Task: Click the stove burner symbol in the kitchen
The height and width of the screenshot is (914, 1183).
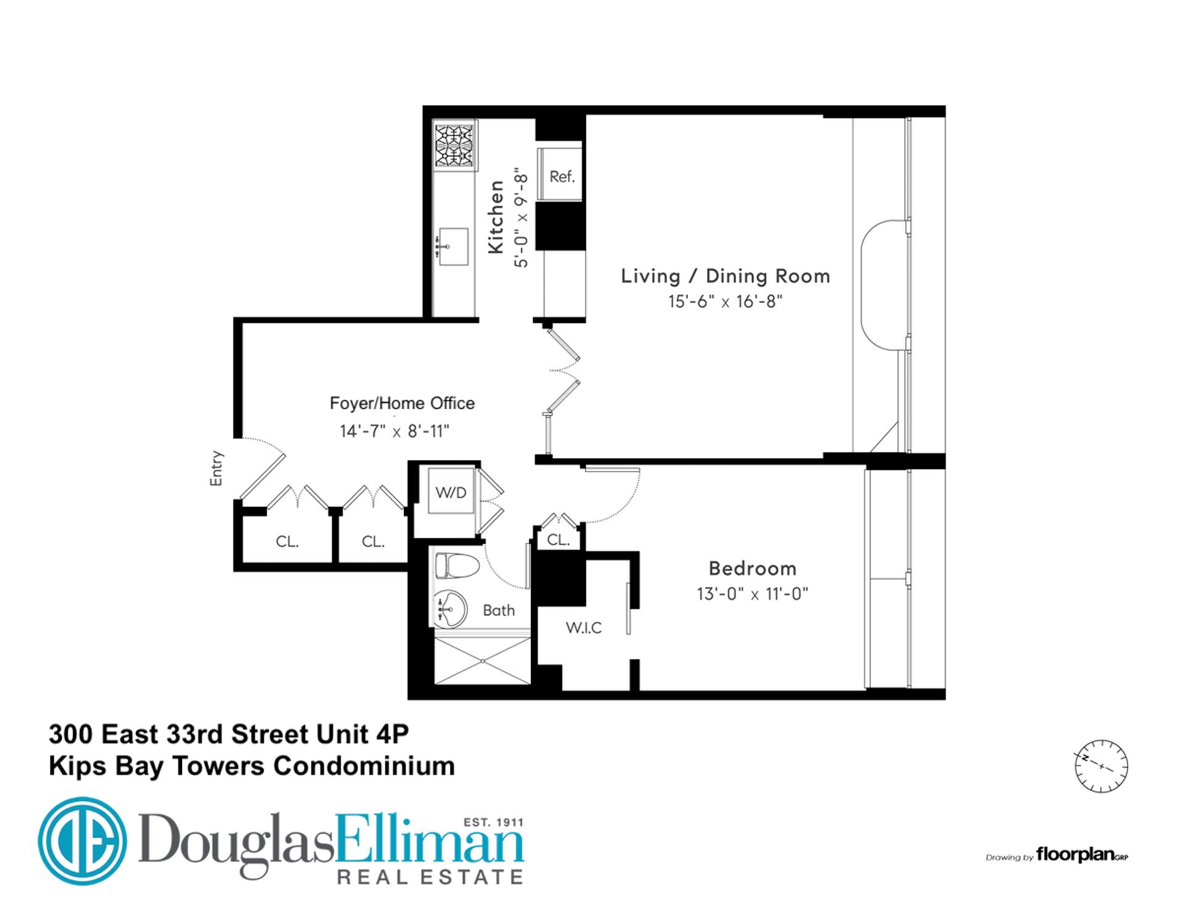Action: click(x=455, y=146)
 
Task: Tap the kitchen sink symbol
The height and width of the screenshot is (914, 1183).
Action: click(x=452, y=247)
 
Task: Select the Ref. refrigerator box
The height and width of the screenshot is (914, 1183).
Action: click(x=561, y=177)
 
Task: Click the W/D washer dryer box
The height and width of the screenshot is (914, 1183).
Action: click(x=450, y=493)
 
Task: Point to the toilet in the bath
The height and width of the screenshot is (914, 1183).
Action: click(x=457, y=565)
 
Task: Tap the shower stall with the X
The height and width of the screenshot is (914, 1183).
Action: click(x=482, y=661)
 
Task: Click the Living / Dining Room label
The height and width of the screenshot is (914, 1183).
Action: click(x=725, y=276)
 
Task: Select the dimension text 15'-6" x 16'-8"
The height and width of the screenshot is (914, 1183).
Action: click(x=725, y=302)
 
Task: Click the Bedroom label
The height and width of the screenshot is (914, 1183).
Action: click(x=752, y=568)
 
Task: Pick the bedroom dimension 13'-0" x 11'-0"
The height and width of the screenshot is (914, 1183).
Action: click(x=752, y=594)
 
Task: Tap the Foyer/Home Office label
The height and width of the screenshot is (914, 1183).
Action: click(x=402, y=404)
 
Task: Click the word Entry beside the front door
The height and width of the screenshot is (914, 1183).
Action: click(x=216, y=468)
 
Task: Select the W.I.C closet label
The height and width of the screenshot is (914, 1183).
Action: click(x=583, y=628)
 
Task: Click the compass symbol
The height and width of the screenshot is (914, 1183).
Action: click(x=1101, y=765)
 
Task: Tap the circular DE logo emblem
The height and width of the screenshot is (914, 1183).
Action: click(x=82, y=841)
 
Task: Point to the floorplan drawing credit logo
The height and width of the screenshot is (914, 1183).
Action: click(x=1081, y=855)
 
